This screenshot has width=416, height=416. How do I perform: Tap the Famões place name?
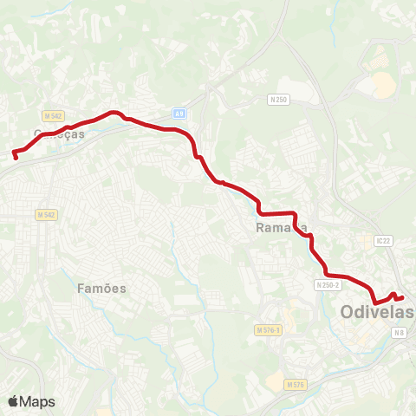(101, 288)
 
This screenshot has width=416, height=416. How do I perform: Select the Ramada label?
(282, 228)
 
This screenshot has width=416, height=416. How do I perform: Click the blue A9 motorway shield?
(179, 113)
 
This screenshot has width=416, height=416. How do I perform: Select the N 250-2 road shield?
(328, 284)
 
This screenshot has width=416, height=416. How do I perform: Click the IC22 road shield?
(385, 240)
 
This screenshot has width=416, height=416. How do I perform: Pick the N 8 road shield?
(398, 333)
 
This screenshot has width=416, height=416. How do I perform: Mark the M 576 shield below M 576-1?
(295, 384)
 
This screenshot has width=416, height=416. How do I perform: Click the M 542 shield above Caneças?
(52, 115)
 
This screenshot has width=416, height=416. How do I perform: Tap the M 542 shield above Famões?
(46, 214)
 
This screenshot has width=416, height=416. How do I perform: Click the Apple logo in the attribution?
(14, 401)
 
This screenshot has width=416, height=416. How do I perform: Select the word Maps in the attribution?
(38, 401)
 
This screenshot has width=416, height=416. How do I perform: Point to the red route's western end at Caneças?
(15, 155)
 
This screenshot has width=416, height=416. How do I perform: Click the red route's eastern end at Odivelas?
(402, 298)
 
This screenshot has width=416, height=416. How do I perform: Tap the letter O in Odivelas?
(348, 311)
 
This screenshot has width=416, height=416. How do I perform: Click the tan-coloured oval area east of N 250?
(383, 84)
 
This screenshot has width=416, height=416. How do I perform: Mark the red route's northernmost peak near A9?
(112, 112)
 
